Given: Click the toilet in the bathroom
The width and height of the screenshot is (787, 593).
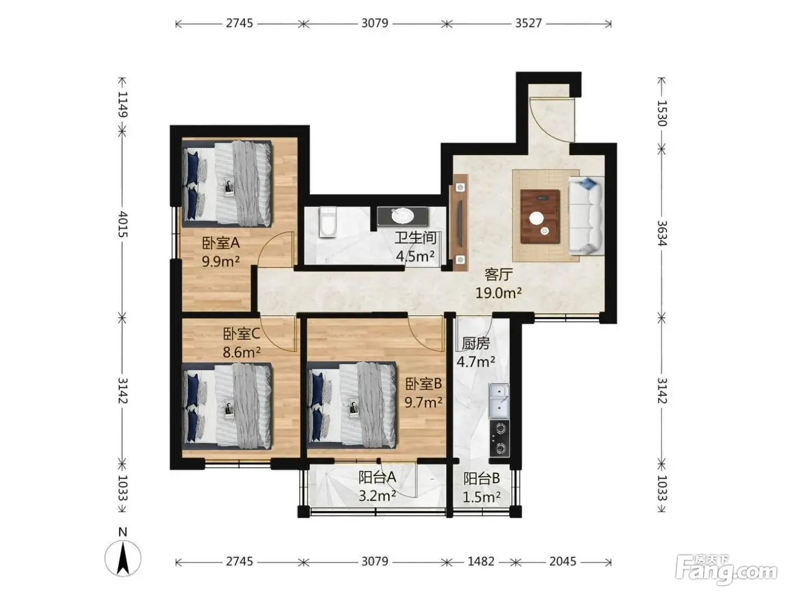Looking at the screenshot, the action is coord(328,221).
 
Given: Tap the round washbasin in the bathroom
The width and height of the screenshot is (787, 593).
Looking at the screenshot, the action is coord(402,216).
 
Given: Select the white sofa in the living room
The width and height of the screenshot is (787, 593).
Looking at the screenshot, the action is coord(586,215).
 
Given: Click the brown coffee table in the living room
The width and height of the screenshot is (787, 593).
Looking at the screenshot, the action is coord(540,216).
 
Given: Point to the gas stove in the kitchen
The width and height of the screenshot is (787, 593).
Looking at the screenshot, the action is coord(499,438).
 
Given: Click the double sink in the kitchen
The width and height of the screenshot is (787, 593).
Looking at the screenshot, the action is coord(499,401).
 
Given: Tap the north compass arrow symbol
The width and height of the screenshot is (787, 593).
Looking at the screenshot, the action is coord(123,558).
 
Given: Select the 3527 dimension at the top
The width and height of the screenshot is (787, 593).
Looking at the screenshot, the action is coord(528,23).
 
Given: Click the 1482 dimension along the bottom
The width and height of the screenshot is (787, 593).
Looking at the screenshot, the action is coord(481,561).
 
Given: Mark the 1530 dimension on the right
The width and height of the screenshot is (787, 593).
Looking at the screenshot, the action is coord(662,114).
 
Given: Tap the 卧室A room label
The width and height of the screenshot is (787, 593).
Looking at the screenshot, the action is coord(221,243).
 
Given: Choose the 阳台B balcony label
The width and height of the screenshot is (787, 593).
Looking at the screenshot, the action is coord(481,478).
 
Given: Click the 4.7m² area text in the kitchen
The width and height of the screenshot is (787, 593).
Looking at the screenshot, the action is coord(476,362).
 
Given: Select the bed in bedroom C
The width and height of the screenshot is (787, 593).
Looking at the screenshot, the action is coord(227,406).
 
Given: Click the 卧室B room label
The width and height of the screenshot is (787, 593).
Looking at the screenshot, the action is coord(423,384).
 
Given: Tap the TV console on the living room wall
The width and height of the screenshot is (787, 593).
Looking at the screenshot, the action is coord(460,223).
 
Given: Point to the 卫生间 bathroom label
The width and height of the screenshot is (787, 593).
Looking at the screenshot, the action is coord(415,238).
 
